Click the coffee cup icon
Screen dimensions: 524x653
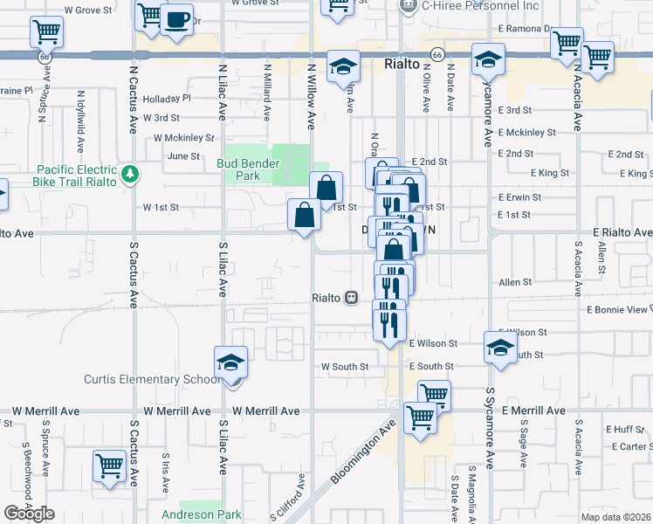click(x=177, y=18)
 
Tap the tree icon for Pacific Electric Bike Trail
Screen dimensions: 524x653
click(x=130, y=174)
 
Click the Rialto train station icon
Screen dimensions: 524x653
click(x=351, y=298)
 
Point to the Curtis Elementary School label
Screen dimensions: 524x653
click(x=152, y=379)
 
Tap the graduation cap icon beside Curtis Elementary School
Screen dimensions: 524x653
click(x=230, y=362)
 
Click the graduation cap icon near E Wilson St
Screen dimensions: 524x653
click(x=500, y=348)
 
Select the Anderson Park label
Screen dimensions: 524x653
click(x=202, y=514)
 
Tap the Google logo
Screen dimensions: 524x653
click(x=29, y=513)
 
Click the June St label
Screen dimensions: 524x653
click(x=183, y=156)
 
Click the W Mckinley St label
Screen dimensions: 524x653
click(x=183, y=138)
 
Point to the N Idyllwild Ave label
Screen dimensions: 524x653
click(x=80, y=119)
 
